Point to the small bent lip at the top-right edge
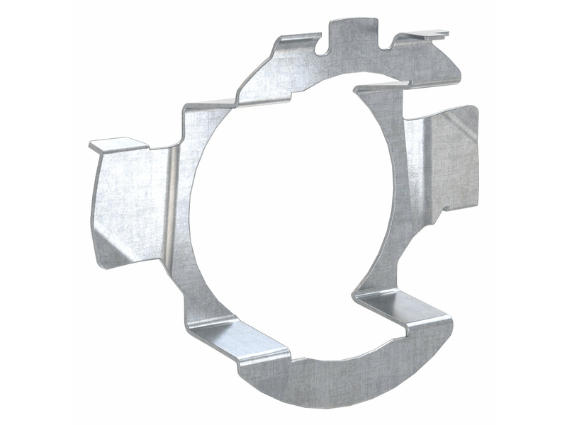pos(430,33)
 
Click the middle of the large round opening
pos(283,205)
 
